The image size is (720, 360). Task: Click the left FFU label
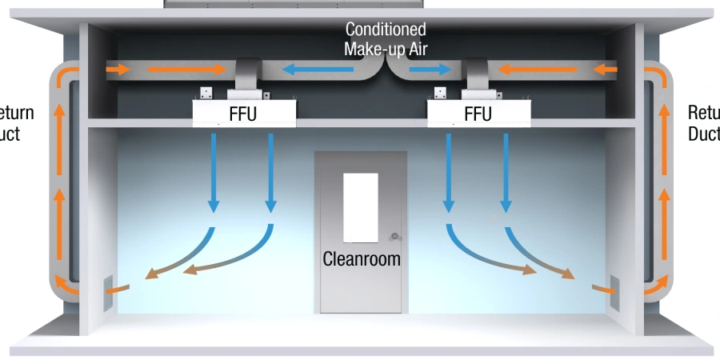(x=242, y=114)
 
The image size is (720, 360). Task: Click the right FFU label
(x=478, y=114)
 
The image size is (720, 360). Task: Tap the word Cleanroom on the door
(x=362, y=259)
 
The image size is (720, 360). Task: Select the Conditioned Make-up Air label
(x=385, y=38)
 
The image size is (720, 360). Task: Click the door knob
(x=394, y=236)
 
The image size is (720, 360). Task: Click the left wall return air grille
(x=107, y=294)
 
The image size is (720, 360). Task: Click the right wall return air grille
(x=615, y=293)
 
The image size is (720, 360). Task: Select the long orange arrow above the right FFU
(x=538, y=70)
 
